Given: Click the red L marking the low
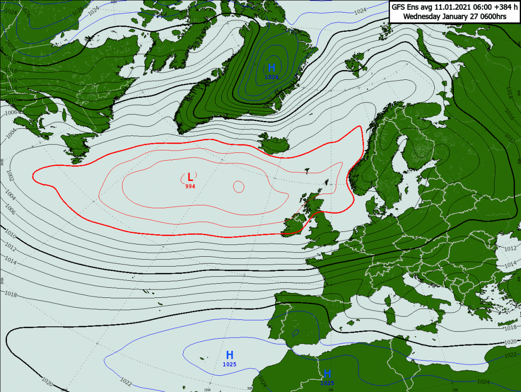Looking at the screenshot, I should [x=190, y=177].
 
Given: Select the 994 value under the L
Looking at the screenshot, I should [x=190, y=186].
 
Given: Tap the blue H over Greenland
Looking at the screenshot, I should [x=271, y=68].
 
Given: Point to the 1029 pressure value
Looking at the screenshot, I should [x=271, y=77].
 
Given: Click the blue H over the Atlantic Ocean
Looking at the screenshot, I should [x=229, y=355].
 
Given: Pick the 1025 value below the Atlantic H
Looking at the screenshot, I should [x=229, y=364].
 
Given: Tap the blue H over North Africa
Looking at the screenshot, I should [x=328, y=374].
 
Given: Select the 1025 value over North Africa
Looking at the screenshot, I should [x=328, y=383].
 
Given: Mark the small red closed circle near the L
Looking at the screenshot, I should [x=238, y=186].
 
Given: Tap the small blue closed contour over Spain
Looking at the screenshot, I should [x=296, y=333].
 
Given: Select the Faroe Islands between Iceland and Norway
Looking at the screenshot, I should [x=307, y=171].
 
